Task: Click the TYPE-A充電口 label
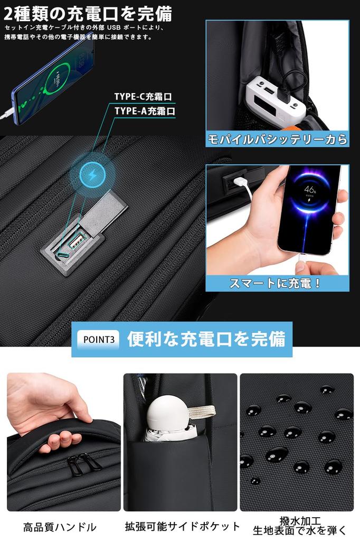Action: pos(144,111)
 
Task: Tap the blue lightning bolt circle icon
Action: pos(93,175)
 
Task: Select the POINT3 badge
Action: pos(98,339)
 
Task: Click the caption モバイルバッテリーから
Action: pos(277,139)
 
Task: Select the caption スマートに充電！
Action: pos(275,283)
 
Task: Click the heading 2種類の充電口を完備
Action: pos(87,12)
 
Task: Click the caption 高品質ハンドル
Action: pos(60,527)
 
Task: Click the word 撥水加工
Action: pos(300,521)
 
